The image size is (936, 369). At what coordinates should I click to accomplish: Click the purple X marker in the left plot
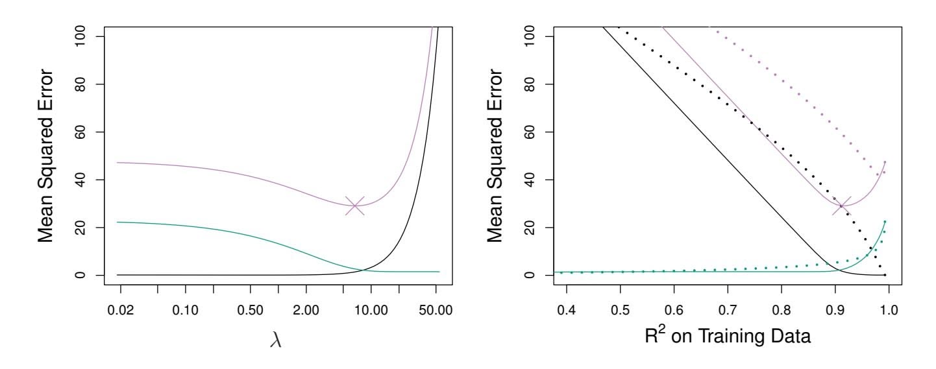point(354,206)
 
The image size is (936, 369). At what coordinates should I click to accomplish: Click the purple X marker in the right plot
point(841,206)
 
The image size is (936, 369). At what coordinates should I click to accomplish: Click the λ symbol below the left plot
point(277,340)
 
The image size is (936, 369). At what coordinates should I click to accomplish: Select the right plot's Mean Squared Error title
point(497,156)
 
